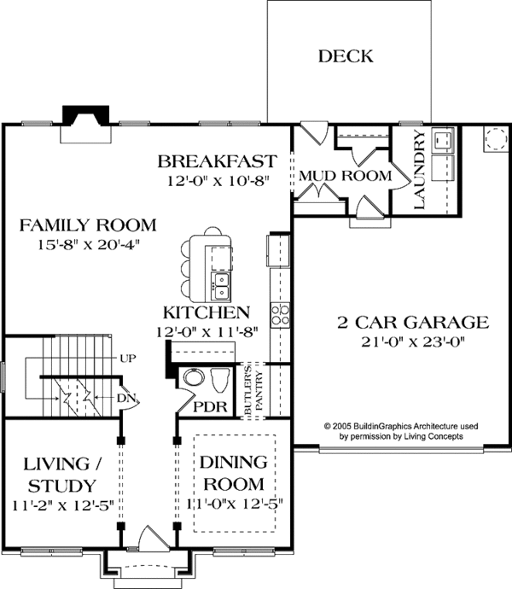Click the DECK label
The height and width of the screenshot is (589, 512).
346,57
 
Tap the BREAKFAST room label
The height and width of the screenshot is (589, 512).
218,161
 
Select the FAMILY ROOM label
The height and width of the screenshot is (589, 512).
89,225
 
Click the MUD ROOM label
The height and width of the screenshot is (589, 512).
344,176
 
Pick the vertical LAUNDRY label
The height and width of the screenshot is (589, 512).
419,170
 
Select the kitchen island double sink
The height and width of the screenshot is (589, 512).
221,281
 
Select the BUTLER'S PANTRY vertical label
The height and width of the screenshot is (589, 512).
253,388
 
